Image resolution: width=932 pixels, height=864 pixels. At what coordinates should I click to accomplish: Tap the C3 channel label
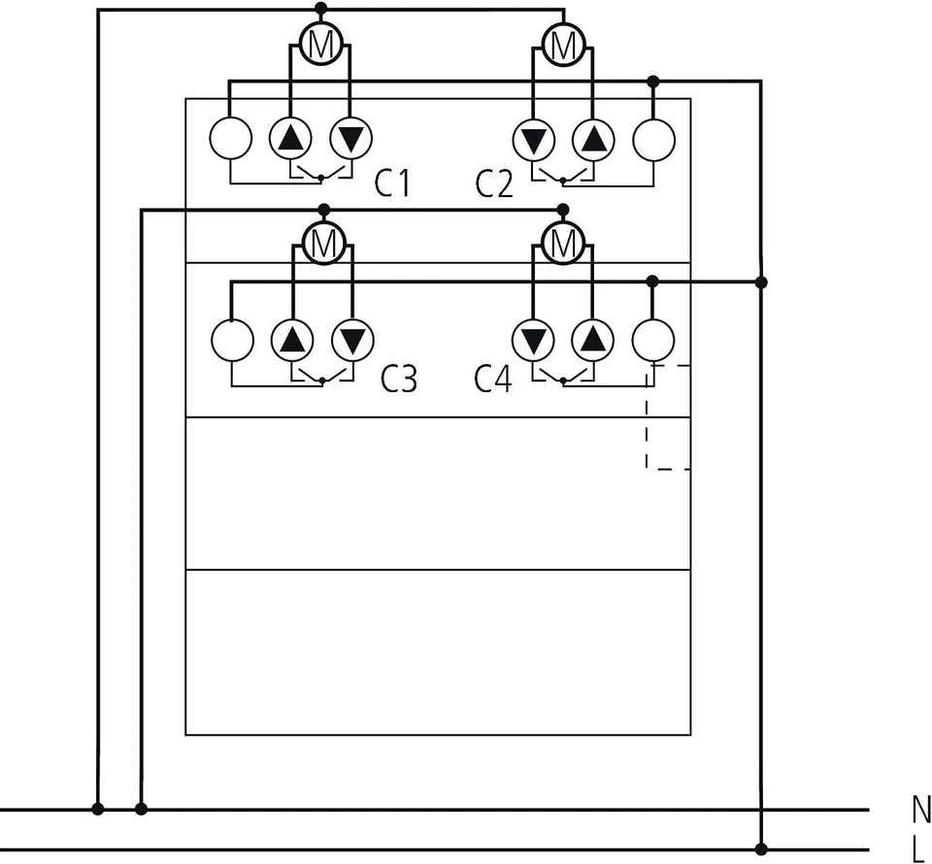click(398, 379)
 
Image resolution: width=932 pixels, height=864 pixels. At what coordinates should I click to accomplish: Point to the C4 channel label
click(493, 379)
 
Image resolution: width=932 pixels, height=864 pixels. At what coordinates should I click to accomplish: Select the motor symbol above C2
click(562, 44)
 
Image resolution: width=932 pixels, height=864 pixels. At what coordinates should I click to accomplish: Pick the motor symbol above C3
click(323, 242)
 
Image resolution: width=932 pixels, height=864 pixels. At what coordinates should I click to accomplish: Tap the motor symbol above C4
click(562, 242)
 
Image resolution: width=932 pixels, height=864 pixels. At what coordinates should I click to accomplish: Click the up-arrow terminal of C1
click(289, 139)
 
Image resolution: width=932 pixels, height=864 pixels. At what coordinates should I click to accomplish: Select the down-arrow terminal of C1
click(350, 139)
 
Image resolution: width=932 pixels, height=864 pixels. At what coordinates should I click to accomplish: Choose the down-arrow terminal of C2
click(532, 139)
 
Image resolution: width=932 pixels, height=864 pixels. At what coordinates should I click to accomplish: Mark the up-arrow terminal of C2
click(592, 139)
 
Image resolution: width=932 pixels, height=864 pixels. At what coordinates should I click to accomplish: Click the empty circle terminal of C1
click(231, 139)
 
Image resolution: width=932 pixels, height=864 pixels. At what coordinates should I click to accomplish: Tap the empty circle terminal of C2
click(653, 139)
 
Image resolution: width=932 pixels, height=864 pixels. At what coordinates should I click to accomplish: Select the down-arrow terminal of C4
click(532, 340)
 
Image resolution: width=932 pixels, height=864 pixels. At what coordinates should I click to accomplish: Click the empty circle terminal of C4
click(653, 340)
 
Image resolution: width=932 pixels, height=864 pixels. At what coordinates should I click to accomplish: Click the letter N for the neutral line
click(920, 808)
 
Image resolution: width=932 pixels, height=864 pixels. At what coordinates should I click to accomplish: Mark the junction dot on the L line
click(761, 848)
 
